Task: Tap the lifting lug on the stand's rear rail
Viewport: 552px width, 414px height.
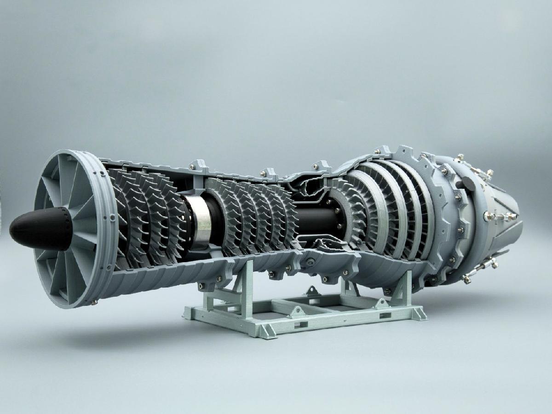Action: tap(312, 291)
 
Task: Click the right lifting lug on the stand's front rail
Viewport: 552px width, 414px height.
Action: tap(381, 303)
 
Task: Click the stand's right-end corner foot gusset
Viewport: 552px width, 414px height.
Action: tap(418, 313)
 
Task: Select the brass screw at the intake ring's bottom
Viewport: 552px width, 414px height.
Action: tap(94, 302)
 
